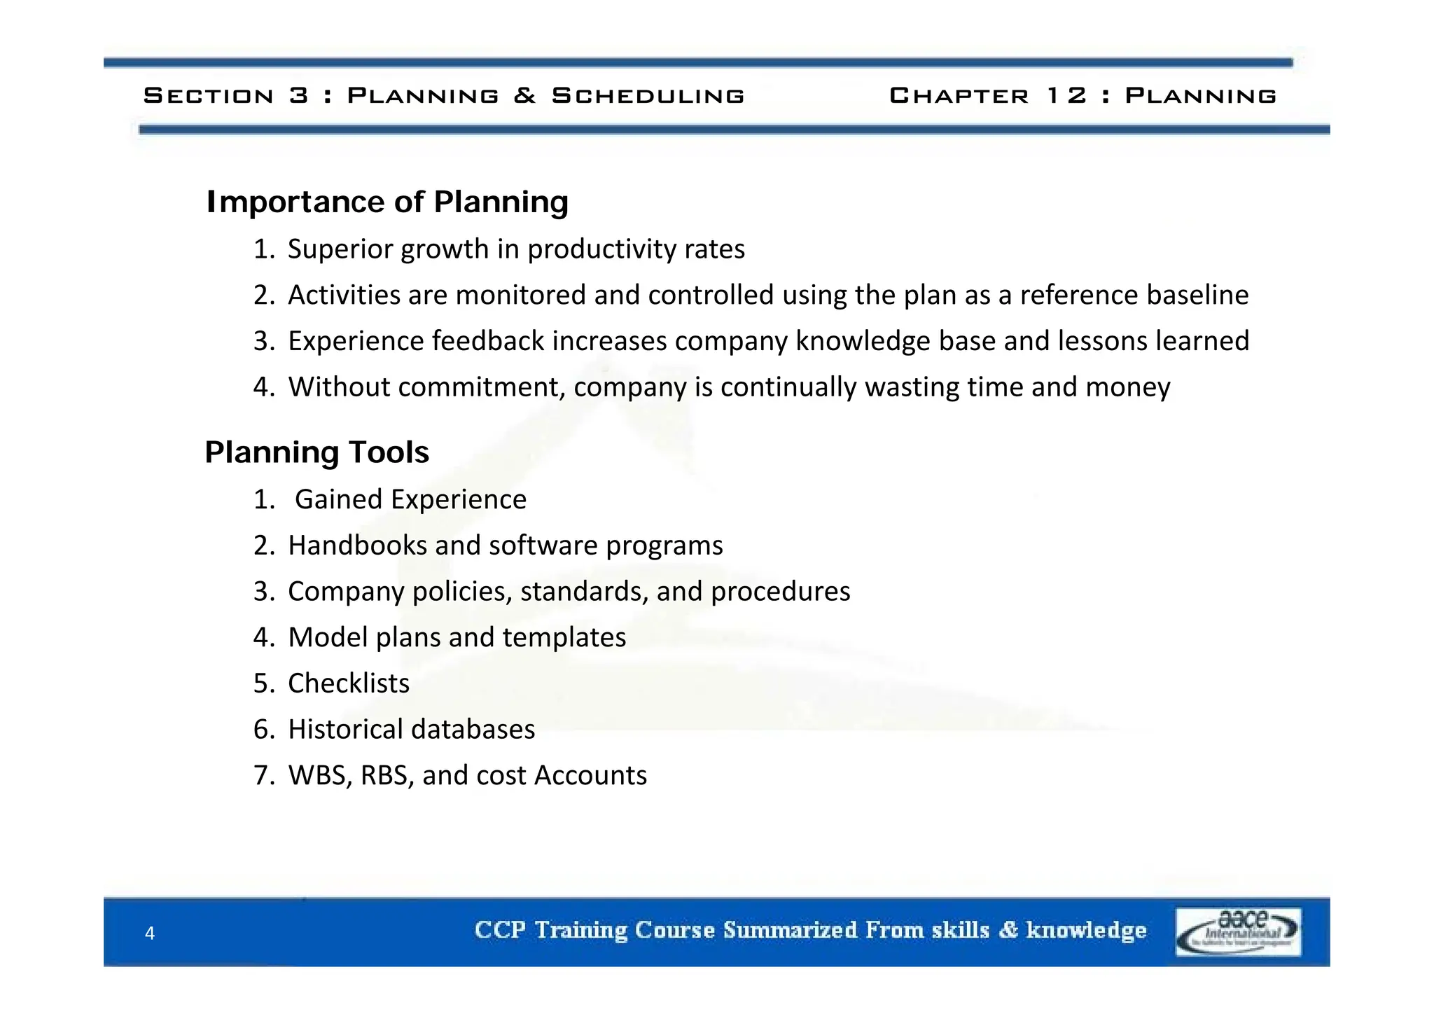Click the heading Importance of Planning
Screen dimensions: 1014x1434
(387, 202)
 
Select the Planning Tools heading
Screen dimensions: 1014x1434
(316, 452)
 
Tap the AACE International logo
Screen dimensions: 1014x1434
(1238, 931)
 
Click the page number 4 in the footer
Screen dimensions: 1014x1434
(149, 933)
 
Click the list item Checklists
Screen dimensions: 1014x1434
(349, 683)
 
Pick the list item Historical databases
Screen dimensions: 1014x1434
(411, 730)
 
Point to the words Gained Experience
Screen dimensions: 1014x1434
(410, 500)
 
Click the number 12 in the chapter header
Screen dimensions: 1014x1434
(1066, 95)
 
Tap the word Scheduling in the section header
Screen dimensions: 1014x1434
(648, 95)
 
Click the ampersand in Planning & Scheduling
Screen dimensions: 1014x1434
(524, 95)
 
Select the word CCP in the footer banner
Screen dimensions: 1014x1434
(499, 930)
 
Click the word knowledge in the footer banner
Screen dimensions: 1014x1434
(1086, 930)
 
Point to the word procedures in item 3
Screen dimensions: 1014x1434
(780, 592)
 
